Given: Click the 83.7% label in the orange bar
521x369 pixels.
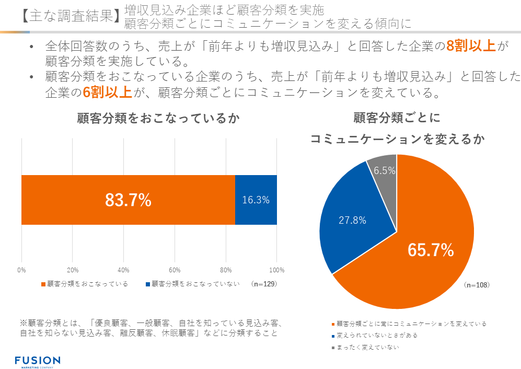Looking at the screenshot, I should click(128, 200).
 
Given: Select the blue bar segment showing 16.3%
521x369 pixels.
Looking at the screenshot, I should click(256, 200).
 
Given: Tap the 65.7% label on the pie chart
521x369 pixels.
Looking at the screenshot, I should click(431, 250).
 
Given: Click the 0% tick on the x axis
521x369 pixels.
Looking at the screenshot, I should click(21, 270).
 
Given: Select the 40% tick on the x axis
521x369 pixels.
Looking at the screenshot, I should click(123, 270).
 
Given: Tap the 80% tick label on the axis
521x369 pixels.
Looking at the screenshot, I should click(225, 270).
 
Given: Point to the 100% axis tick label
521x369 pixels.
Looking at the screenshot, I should click(276, 270).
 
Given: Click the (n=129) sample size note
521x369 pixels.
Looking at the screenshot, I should click(263, 284).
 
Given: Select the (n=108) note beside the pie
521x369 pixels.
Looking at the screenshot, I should click(476, 285).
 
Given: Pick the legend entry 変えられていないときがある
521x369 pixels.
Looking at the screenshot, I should click(379, 336).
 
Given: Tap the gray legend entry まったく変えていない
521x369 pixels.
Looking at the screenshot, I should click(368, 348).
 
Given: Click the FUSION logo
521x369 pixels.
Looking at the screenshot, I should click(37, 361).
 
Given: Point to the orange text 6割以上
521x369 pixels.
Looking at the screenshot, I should click(107, 93).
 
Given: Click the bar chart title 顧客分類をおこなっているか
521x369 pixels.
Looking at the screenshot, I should click(158, 119).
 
